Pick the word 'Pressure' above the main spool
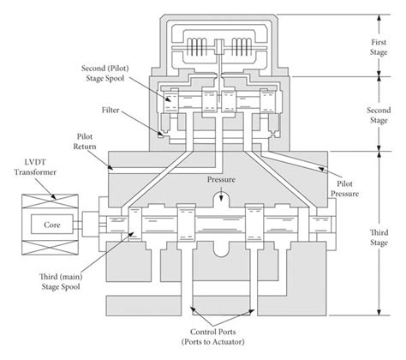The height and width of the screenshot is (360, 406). point(221,182)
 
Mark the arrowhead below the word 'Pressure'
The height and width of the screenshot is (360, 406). point(221,196)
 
